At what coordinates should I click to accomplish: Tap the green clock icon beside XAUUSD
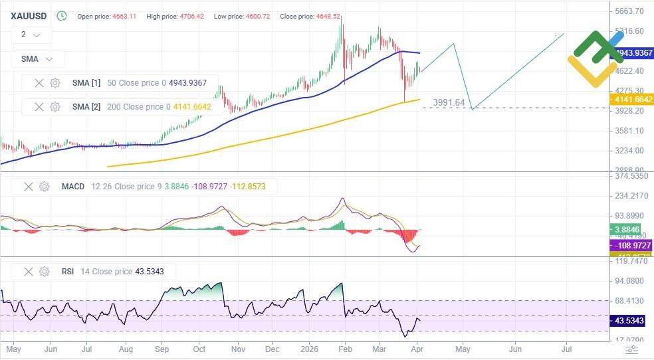[62, 15]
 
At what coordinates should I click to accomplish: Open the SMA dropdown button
[38, 58]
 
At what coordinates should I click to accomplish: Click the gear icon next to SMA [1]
[55, 83]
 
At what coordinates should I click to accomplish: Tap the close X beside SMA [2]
[39, 106]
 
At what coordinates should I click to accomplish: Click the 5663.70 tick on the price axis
[630, 11]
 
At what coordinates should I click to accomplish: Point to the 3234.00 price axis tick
[630, 151]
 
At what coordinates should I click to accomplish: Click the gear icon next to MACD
[45, 187]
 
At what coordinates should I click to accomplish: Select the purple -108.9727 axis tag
[631, 246]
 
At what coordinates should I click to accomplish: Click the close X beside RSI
[29, 271]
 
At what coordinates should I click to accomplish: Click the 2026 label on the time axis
[310, 348]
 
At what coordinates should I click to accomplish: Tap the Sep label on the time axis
[161, 348]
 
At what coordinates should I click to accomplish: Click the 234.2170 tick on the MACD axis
[630, 197]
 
